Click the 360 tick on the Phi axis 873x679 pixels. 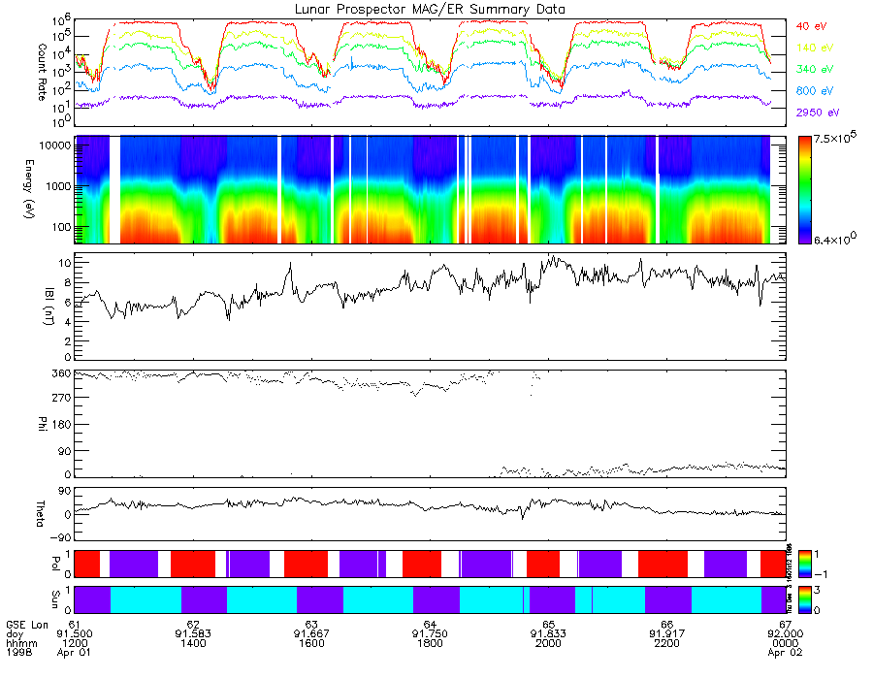click(x=59, y=373)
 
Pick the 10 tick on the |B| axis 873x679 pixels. click(x=62, y=263)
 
